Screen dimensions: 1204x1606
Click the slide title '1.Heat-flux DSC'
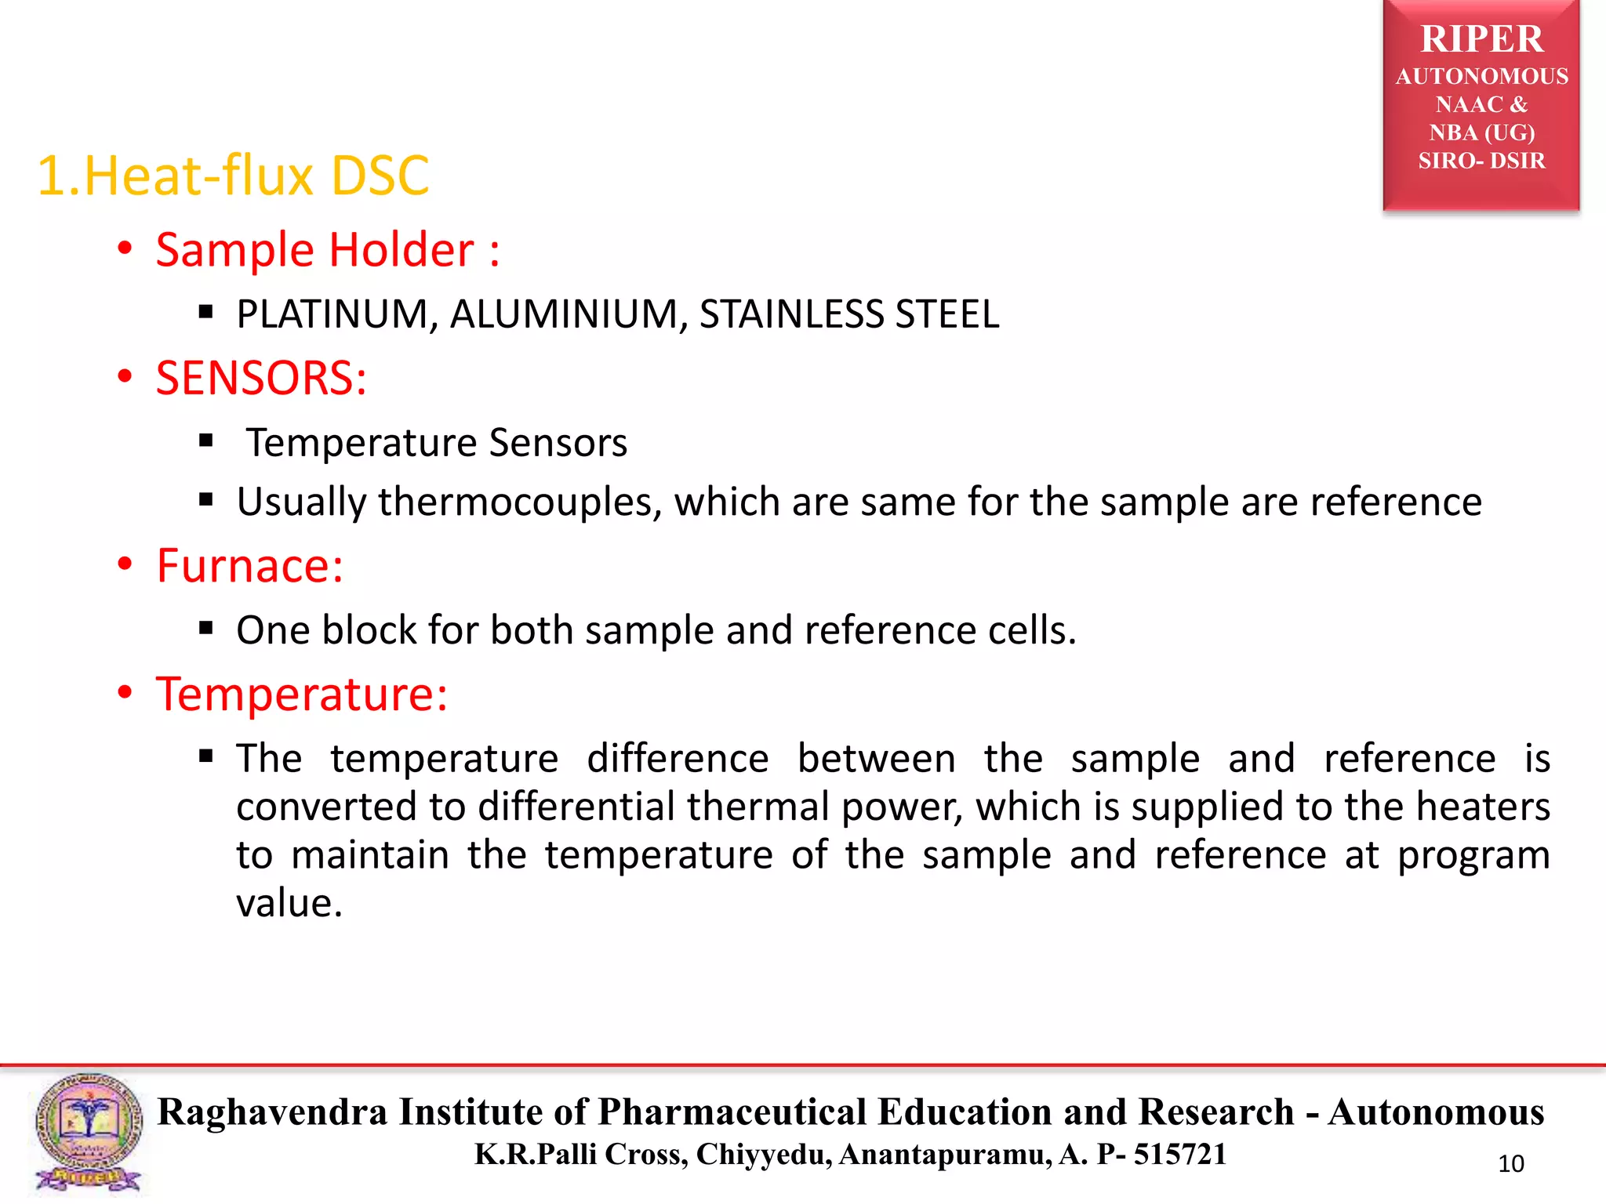233,176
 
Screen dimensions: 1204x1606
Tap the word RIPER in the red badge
1481,39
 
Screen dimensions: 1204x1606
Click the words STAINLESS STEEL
849,314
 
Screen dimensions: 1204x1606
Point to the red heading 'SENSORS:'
261,378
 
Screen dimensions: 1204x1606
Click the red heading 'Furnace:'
249,566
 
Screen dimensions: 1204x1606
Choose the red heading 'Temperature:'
302,694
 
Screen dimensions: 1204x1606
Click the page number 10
1510,1164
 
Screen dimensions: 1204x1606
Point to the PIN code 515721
1179,1155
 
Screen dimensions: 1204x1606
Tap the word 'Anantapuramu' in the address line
945,1155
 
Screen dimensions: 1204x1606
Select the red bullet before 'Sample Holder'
125,249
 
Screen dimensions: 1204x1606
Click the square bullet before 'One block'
206,628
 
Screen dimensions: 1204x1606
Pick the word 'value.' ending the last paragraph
289,904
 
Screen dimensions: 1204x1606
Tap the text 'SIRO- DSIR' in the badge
1481,161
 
